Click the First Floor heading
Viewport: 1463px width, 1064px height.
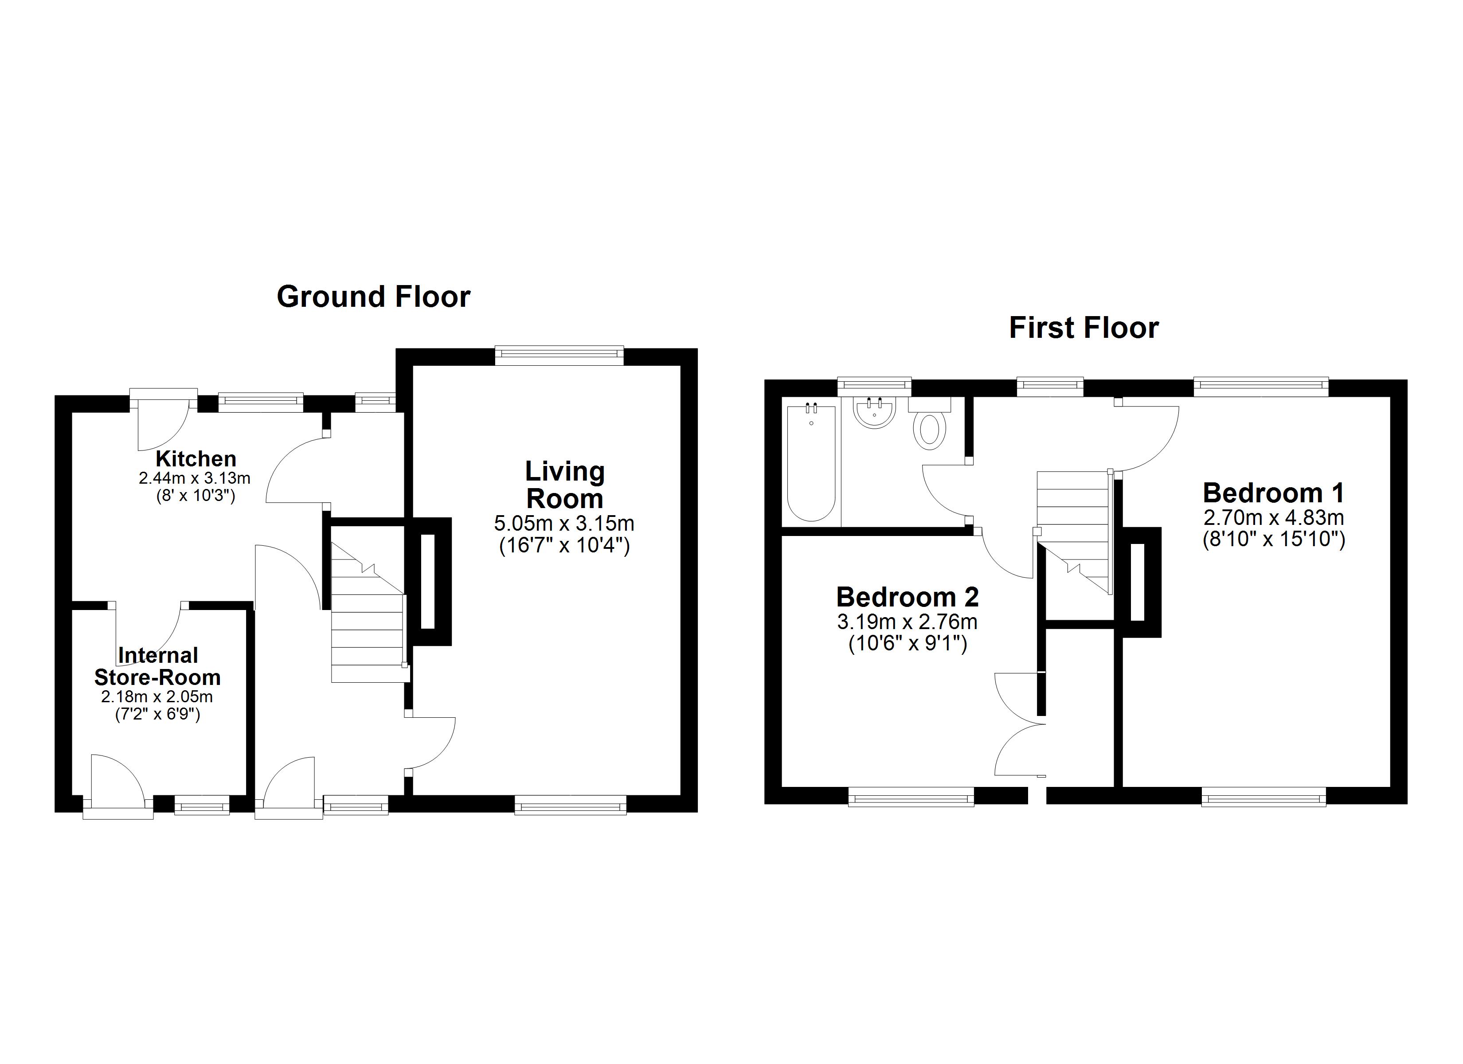(x=1084, y=328)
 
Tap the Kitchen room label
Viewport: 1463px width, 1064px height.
(x=196, y=459)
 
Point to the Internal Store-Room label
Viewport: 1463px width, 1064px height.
(x=157, y=666)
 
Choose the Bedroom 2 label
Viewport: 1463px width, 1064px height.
(x=908, y=597)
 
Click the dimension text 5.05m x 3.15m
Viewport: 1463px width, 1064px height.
(x=564, y=523)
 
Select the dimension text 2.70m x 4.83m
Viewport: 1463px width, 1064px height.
(x=1274, y=517)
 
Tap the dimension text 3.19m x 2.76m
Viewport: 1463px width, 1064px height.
(x=908, y=622)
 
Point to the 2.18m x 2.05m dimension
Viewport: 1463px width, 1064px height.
(x=157, y=697)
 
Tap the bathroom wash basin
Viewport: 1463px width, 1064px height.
(x=874, y=412)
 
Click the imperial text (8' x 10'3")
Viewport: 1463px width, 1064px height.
(x=196, y=496)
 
